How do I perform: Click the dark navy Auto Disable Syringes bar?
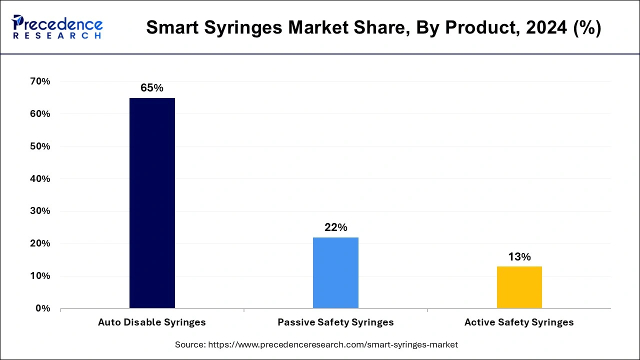(x=152, y=202)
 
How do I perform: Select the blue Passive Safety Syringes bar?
(x=335, y=272)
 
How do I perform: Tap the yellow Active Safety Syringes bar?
(x=519, y=287)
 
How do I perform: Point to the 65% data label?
(x=152, y=88)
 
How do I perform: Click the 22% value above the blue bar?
(x=335, y=227)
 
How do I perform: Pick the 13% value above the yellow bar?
(x=519, y=257)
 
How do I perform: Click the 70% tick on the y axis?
(x=40, y=81)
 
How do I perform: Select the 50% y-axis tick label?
(x=40, y=146)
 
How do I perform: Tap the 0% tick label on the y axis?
(x=43, y=308)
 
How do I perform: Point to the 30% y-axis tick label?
(x=40, y=211)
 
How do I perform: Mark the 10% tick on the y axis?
(x=40, y=276)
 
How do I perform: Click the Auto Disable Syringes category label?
(x=152, y=322)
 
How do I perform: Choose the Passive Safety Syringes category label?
(x=335, y=322)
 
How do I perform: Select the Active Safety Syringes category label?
(x=519, y=322)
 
